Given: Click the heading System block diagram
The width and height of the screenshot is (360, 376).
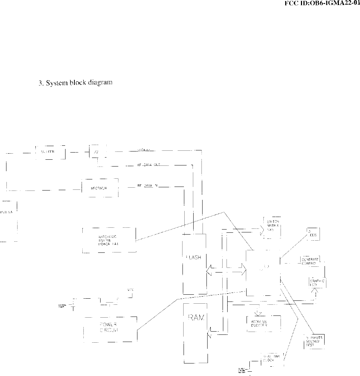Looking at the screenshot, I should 76,83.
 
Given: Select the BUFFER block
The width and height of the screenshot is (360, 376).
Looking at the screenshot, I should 50,152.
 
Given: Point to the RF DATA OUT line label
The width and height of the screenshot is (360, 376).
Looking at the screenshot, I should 148,165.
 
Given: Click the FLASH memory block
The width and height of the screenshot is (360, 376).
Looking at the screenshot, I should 194,264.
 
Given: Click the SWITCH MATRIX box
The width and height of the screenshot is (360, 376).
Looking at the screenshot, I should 272,227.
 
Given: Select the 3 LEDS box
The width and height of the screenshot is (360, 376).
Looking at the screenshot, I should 313,234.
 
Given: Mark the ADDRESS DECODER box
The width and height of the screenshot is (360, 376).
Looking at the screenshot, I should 263,324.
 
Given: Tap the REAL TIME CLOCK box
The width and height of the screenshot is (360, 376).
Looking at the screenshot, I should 272,358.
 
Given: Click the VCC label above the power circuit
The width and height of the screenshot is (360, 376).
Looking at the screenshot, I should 130,289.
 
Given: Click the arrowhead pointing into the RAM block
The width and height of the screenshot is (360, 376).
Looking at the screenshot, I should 209,335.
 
